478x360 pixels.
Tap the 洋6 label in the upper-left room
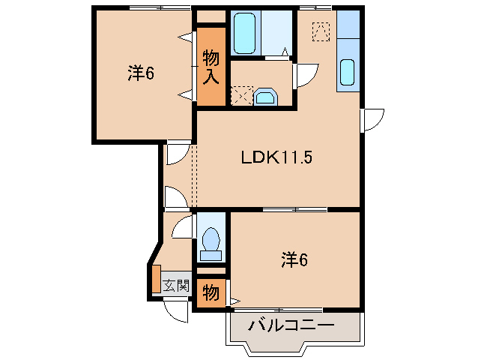pos(140,73)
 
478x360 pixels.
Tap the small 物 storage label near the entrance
pos(211,292)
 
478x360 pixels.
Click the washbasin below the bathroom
pos(264,97)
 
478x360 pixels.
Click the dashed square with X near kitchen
pos(320,31)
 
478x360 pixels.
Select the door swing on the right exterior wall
pos(373,119)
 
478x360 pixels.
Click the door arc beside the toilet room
pos(183,226)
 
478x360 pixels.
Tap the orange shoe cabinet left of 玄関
pos(156,279)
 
